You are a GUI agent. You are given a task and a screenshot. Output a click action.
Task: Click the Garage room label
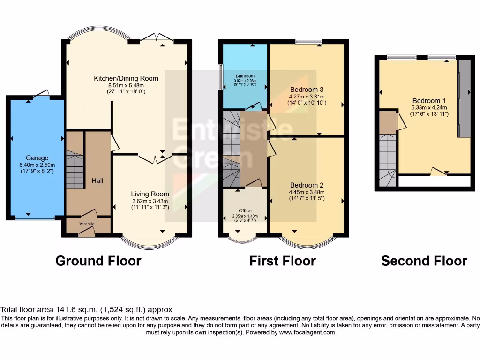tap(37, 158)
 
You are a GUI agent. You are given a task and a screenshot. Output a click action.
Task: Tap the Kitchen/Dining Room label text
tap(126, 78)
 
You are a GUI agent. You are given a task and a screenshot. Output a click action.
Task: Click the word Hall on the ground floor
tap(97, 180)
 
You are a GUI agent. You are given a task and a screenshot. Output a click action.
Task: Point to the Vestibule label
tap(87, 224)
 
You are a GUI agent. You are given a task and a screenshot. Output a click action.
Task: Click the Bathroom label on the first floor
tap(245, 76)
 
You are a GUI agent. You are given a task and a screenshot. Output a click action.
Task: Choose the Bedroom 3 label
tap(307, 89)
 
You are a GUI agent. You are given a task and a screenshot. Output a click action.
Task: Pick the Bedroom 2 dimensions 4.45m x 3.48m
tap(307, 192)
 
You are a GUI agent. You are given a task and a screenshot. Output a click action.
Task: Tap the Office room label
tap(245, 210)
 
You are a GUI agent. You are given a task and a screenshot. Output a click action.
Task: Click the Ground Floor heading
tap(98, 261)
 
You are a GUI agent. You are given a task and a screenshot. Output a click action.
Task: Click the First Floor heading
tap(283, 261)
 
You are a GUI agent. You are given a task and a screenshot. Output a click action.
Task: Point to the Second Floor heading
tap(424, 261)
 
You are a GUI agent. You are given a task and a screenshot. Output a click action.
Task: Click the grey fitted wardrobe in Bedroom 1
tap(464, 98)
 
